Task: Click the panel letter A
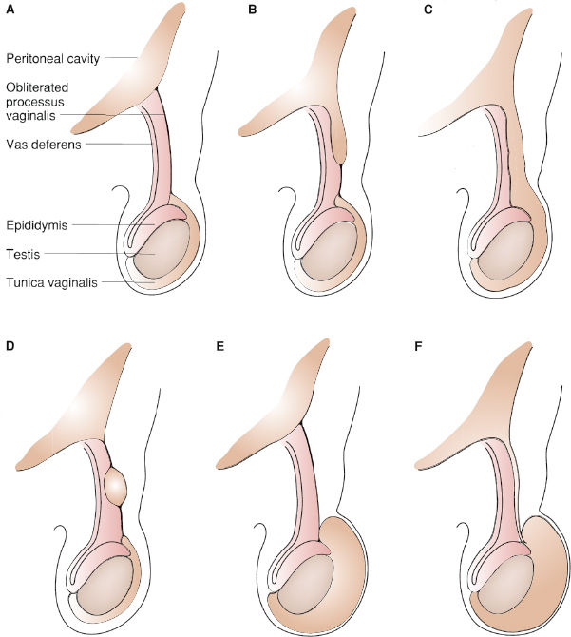(10, 10)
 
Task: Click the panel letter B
(252, 10)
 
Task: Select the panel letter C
(428, 10)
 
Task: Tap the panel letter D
(10, 346)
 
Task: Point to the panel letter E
(220, 346)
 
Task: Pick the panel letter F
(418, 346)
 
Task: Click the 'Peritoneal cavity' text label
(53, 59)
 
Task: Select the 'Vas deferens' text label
(44, 145)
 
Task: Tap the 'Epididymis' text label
(37, 225)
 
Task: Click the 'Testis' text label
(23, 254)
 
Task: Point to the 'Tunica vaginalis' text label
(51, 282)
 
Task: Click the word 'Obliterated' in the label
(37, 87)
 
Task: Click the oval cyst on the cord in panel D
(116, 486)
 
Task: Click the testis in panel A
(162, 249)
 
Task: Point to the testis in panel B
(330, 251)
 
